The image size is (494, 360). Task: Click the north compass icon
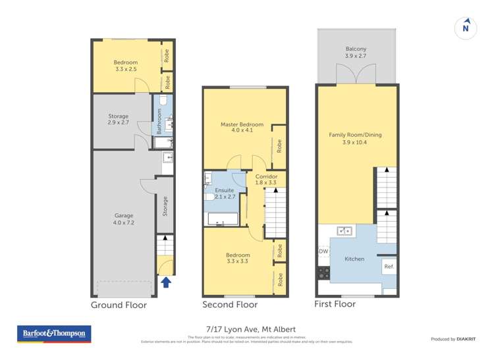466,28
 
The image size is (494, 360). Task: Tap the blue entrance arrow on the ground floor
166,282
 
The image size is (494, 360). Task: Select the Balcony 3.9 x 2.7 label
356,53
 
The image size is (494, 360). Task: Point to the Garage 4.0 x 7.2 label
124,219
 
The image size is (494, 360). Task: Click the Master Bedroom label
242,128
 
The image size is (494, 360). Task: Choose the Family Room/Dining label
355,138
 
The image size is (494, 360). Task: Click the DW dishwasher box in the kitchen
323,251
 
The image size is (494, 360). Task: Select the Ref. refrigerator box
389,267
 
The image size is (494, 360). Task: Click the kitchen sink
344,230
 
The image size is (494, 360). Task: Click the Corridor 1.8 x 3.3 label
266,180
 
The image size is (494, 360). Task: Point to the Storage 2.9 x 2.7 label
118,119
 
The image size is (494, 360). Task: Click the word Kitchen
354,259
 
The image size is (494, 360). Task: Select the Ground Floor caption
119,305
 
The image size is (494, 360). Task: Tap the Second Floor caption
231,305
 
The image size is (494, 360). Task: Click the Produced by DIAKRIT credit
453,339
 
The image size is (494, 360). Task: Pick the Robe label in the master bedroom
279,145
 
